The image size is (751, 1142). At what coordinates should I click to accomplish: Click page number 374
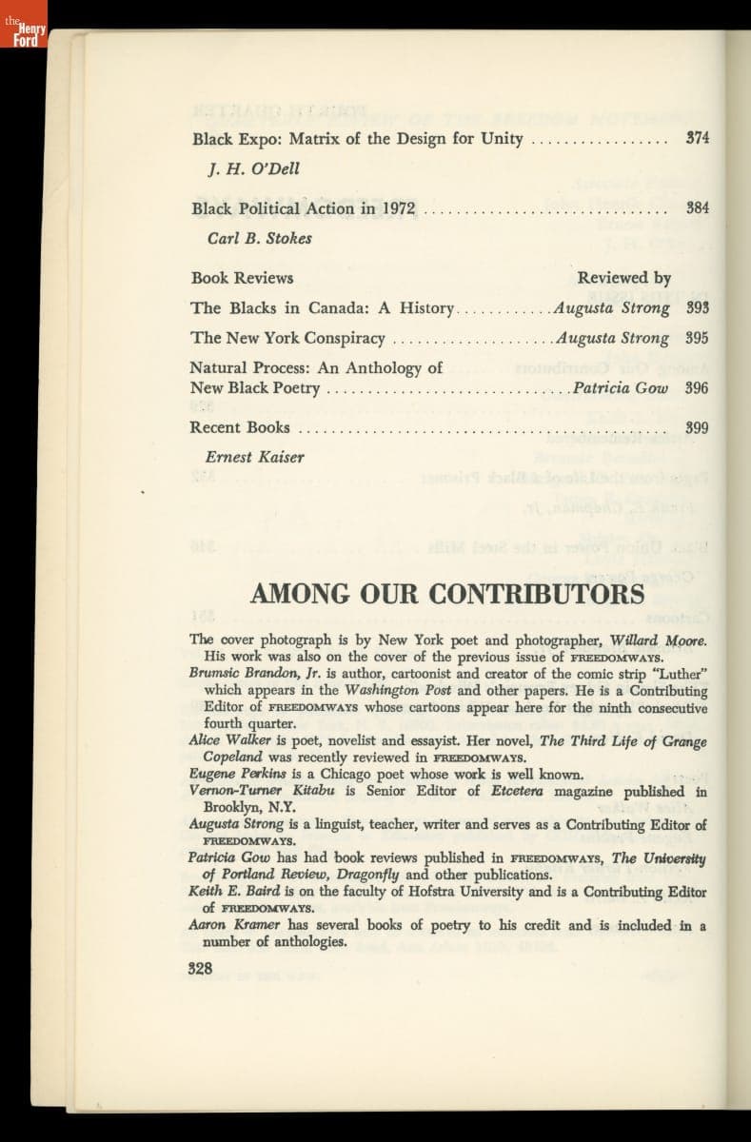[x=698, y=138]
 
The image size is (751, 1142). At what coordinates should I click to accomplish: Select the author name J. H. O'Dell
[x=253, y=168]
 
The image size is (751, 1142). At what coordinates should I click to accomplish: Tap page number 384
[x=698, y=207]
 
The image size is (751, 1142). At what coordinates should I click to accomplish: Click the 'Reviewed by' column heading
[x=623, y=278]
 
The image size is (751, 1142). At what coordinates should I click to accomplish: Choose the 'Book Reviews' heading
[x=242, y=278]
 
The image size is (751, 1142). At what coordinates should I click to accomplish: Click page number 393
[x=698, y=308]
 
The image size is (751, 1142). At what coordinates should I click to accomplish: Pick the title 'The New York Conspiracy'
[x=287, y=338]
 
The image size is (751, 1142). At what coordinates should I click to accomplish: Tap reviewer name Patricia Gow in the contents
[x=620, y=387]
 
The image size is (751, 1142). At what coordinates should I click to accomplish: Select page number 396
[x=698, y=387]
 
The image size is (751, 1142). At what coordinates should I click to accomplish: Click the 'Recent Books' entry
[x=240, y=427]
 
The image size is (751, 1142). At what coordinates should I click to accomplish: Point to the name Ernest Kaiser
[x=255, y=457]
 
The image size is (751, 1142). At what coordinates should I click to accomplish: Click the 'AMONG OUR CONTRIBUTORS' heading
[x=447, y=595]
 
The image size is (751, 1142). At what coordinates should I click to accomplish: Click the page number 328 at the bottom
[x=200, y=968]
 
